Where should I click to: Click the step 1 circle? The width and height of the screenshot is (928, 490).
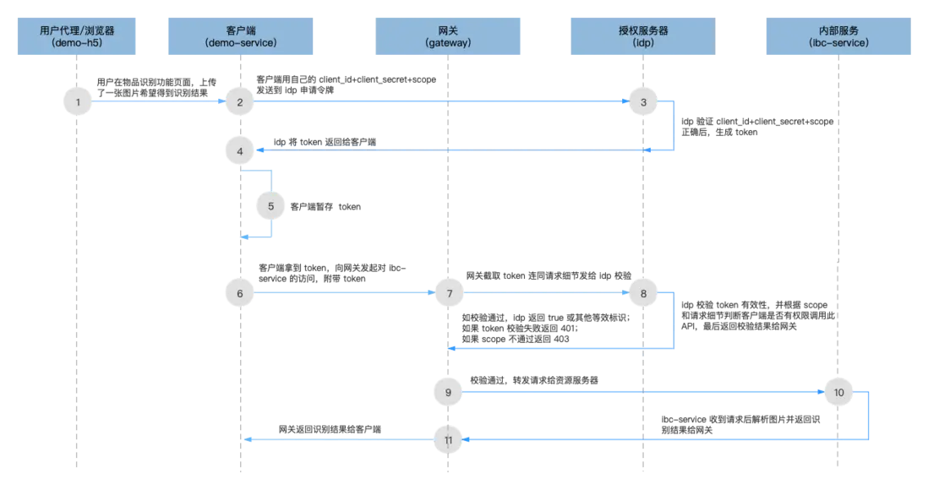[x=78, y=101]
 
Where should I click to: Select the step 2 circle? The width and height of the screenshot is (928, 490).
[x=241, y=101]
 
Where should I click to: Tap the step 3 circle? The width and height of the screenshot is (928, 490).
[x=643, y=101]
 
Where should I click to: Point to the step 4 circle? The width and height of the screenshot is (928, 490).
[x=241, y=150]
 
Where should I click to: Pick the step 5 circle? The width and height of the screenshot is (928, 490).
[x=271, y=205]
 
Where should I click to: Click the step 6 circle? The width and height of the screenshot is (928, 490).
[x=241, y=293]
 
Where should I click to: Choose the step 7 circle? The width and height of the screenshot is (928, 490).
[x=449, y=293]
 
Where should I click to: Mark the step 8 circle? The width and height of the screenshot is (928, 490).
[x=643, y=293]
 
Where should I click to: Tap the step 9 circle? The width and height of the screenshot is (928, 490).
[x=449, y=392]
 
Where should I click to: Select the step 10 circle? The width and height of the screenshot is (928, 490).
[x=838, y=392]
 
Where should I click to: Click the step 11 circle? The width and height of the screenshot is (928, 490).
[x=449, y=439]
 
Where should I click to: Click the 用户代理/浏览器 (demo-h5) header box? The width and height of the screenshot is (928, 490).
[x=77, y=35]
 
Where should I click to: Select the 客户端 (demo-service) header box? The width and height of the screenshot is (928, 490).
[x=241, y=35]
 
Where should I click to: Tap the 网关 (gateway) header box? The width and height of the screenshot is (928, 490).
[x=448, y=35]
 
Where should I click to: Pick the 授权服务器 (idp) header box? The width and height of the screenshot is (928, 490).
[x=643, y=35]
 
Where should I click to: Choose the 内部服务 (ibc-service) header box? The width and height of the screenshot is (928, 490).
[x=838, y=35]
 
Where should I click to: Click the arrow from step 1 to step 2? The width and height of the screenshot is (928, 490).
[x=159, y=101]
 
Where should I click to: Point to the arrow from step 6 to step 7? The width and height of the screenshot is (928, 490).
[x=345, y=293]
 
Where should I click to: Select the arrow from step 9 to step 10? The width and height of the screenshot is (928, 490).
[x=642, y=392]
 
